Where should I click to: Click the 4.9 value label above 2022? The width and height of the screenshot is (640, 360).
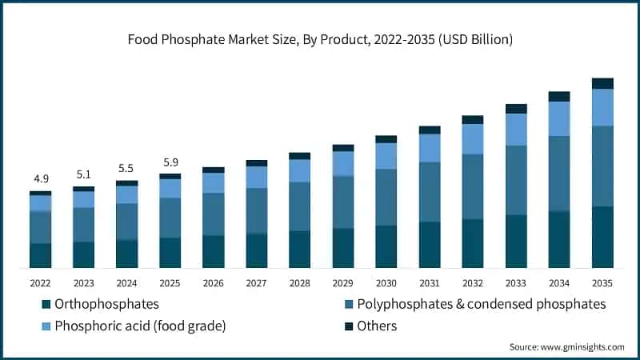pyautogui.click(x=42, y=178)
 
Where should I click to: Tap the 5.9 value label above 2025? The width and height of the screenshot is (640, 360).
pyautogui.click(x=170, y=162)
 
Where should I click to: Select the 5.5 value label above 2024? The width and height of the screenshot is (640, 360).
pyautogui.click(x=126, y=168)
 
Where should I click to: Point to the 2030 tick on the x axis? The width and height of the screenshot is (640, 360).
pyautogui.click(x=386, y=283)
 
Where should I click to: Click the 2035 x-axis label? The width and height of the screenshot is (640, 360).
pyautogui.click(x=602, y=283)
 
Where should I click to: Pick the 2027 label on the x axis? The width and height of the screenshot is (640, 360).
pyautogui.click(x=256, y=283)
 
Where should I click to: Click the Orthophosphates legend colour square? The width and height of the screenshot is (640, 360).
pyautogui.click(x=46, y=304)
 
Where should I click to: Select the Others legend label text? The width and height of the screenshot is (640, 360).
pyautogui.click(x=377, y=326)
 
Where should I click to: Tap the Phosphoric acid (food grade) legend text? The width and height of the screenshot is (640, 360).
pyautogui.click(x=140, y=326)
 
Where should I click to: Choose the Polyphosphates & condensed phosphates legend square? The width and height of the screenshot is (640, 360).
pyautogui.click(x=349, y=304)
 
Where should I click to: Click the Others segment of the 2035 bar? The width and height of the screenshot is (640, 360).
pyautogui.click(x=602, y=83)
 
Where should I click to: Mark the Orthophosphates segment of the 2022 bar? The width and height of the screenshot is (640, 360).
pyautogui.click(x=41, y=255)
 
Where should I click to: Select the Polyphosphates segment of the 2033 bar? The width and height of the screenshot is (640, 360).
pyautogui.click(x=516, y=181)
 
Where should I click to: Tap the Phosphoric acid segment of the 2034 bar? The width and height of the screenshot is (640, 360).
pyautogui.click(x=559, y=118)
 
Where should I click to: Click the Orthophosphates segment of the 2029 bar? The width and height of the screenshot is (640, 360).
pyautogui.click(x=343, y=248)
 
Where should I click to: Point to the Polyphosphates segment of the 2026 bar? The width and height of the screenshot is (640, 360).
pyautogui.click(x=214, y=214)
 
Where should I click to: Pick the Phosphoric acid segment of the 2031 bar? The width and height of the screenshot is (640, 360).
pyautogui.click(x=430, y=148)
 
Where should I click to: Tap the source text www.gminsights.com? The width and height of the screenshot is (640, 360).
pyautogui.click(x=582, y=347)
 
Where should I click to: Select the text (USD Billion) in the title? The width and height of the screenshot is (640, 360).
pyautogui.click(x=475, y=39)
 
